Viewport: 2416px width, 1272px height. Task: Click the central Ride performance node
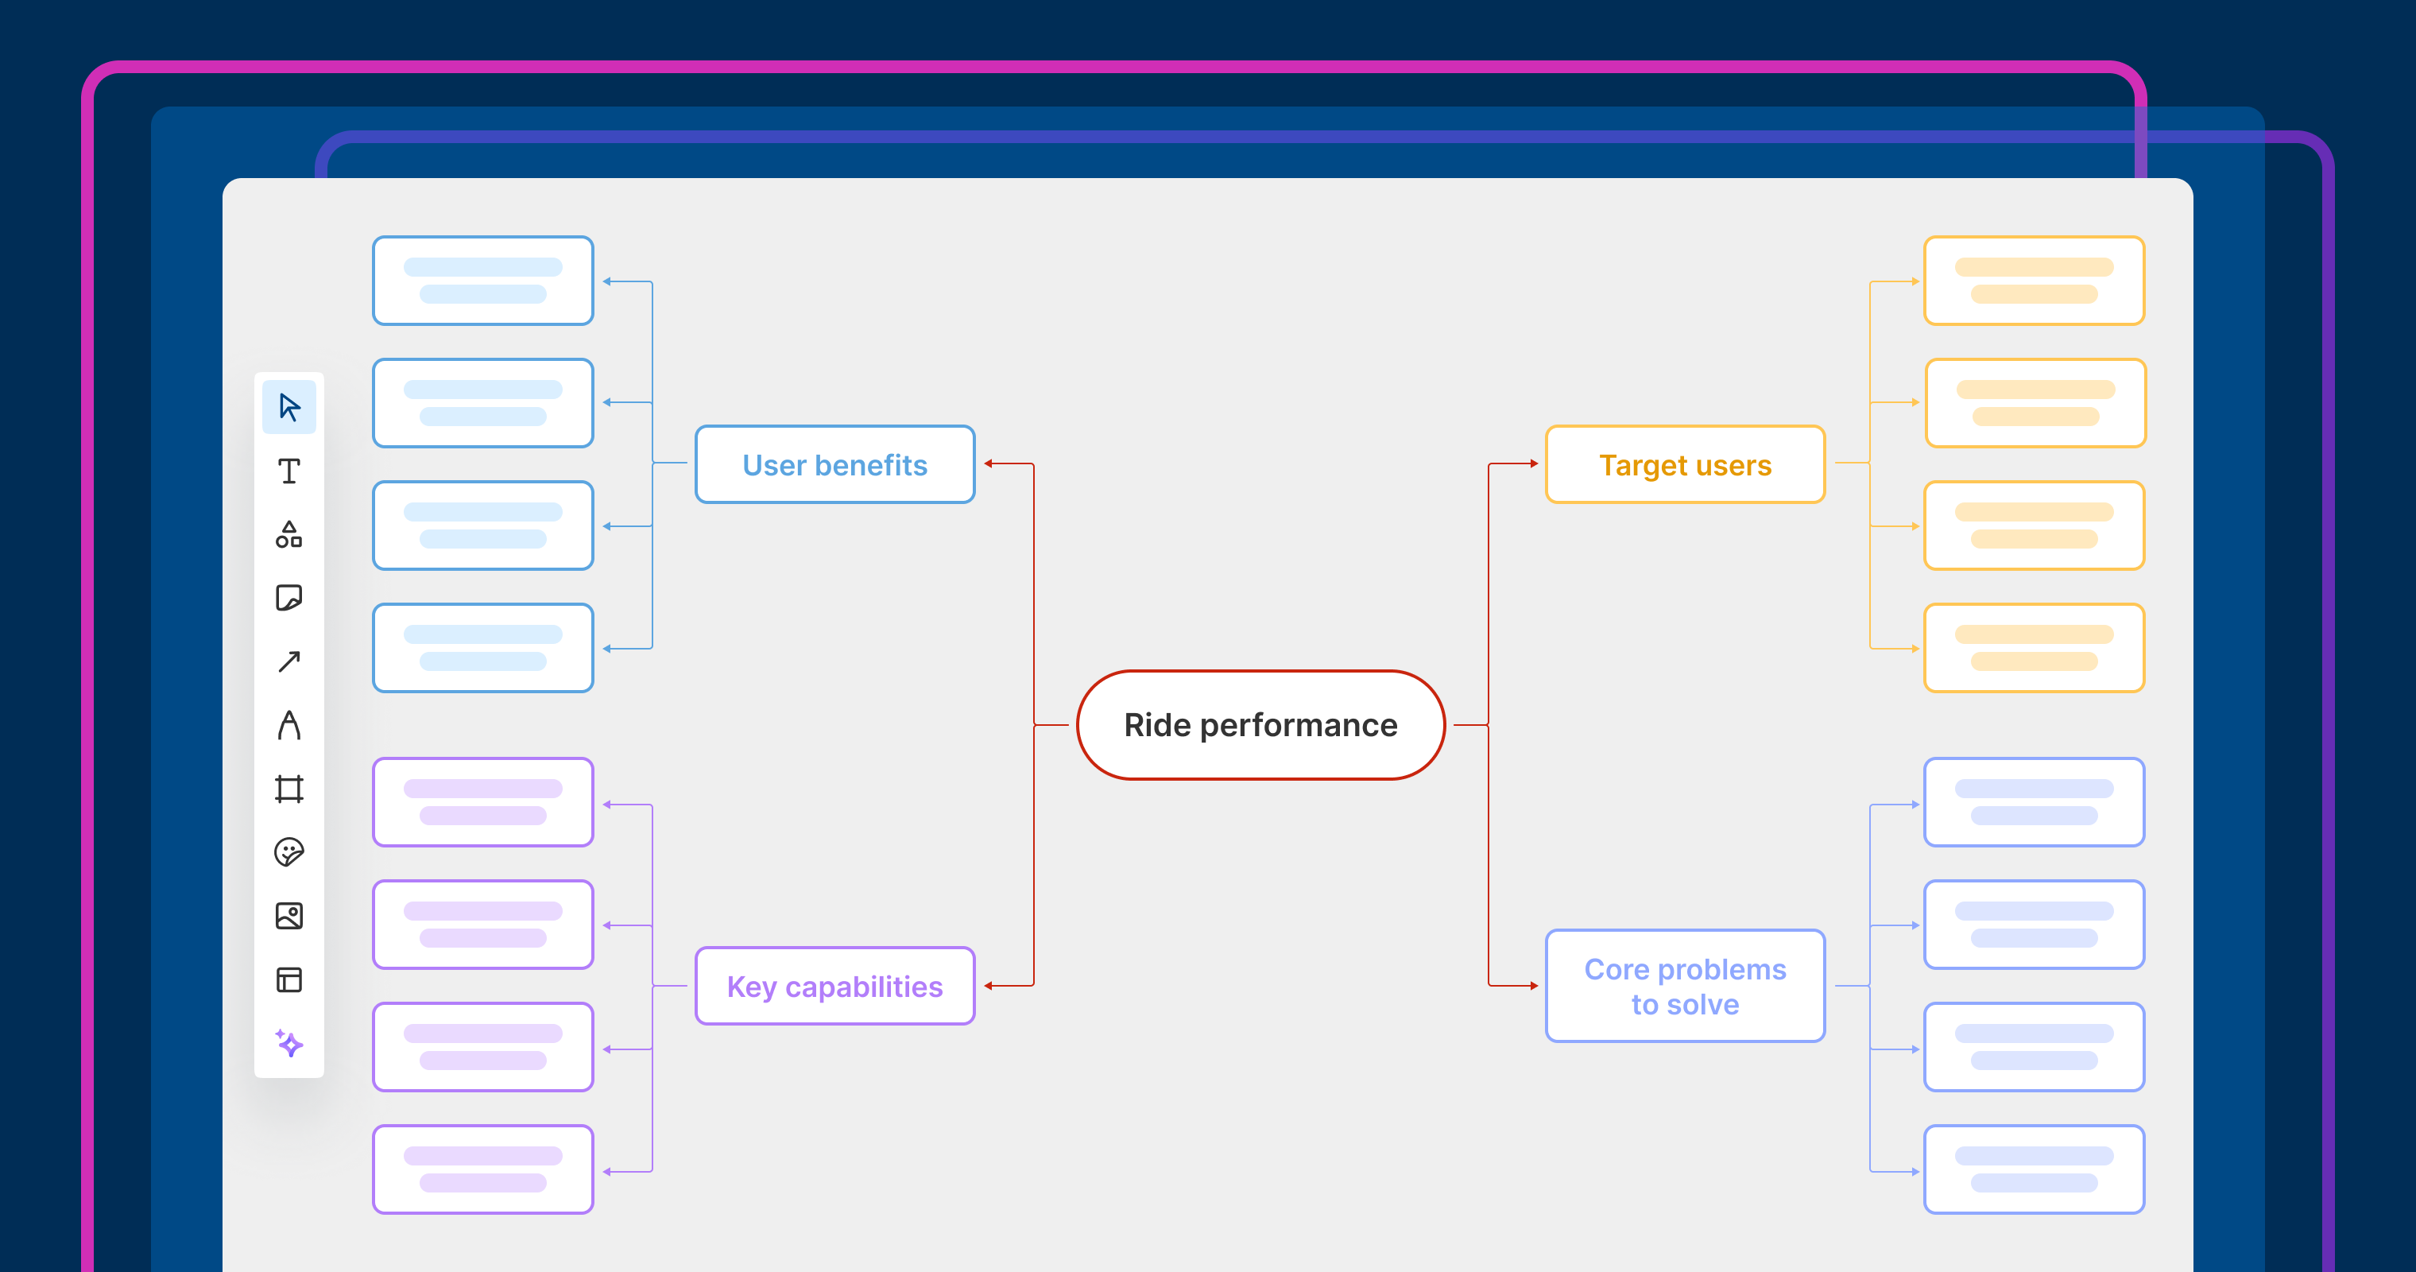1260,725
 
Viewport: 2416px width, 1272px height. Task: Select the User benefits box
834,464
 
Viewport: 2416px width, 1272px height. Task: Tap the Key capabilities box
834,986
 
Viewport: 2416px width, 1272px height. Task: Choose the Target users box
1685,464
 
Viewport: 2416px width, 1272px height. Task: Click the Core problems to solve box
1685,986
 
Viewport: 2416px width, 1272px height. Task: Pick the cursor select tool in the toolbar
288,407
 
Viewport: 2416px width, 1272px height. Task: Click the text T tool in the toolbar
288,471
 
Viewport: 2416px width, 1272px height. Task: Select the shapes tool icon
288,535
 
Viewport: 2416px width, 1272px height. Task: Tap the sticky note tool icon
288,598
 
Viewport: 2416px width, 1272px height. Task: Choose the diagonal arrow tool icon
288,661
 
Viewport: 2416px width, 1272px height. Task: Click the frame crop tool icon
288,789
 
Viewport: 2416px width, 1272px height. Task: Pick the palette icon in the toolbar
288,851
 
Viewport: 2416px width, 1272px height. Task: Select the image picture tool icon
288,916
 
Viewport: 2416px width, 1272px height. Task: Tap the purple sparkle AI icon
288,1043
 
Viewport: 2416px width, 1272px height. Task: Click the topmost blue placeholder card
483,281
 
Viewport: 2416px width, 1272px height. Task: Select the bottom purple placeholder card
483,1169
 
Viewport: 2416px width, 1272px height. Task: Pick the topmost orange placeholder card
2034,281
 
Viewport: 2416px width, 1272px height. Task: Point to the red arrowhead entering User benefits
989,463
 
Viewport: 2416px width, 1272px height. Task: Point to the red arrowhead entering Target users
1534,463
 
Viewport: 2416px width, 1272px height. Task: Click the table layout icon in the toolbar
288,979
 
